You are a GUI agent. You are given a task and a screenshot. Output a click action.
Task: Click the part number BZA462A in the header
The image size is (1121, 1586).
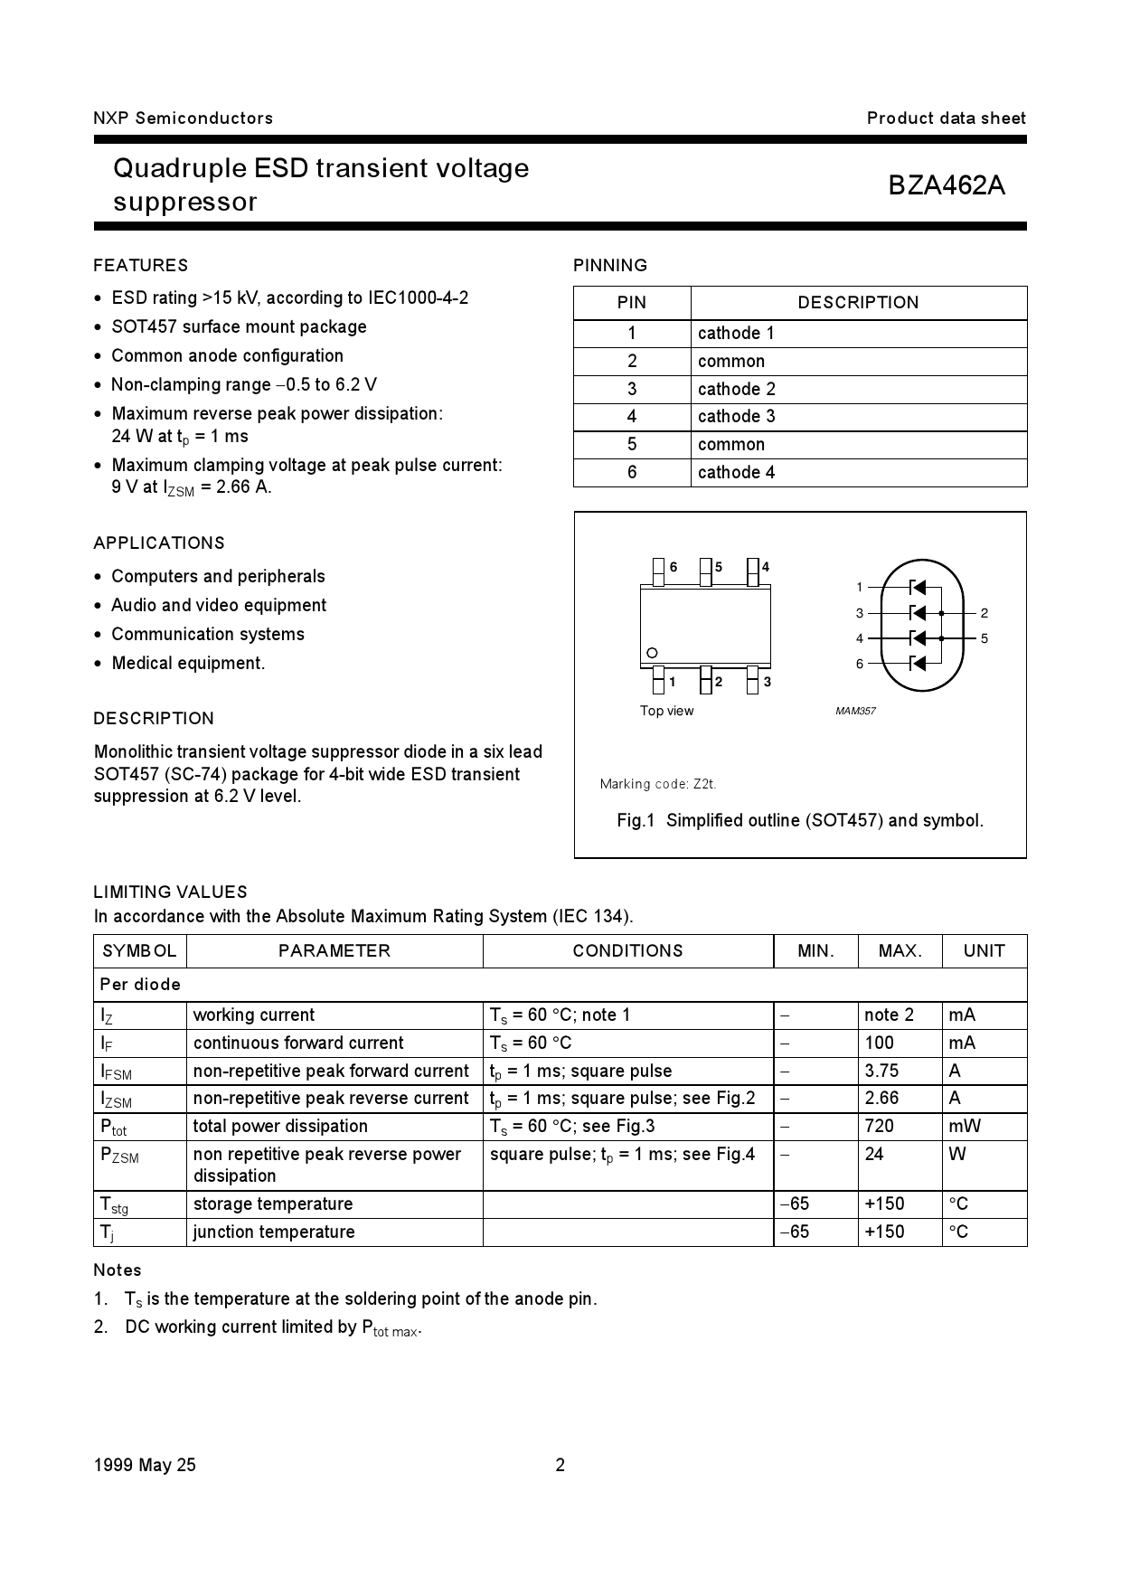946,185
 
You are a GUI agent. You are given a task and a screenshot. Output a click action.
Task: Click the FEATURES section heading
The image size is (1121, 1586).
141,265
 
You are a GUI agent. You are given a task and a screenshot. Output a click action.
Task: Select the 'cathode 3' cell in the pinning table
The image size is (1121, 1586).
736,417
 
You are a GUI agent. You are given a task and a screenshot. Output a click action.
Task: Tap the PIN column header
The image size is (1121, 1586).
631,303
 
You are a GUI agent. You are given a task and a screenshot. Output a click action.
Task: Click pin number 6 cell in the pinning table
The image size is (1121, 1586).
631,472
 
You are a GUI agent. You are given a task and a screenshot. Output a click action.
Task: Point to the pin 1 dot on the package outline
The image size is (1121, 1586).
652,653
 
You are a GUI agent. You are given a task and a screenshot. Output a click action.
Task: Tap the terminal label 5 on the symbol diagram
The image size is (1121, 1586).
984,638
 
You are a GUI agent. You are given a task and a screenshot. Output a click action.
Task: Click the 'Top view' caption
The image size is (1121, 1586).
666,711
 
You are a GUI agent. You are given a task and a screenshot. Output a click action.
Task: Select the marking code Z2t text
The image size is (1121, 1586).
658,784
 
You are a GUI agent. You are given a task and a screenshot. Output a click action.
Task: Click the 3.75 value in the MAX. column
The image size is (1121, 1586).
881,1071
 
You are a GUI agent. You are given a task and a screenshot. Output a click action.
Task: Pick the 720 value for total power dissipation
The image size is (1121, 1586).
879,1126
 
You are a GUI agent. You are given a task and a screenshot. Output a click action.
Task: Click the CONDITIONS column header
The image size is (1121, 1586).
627,951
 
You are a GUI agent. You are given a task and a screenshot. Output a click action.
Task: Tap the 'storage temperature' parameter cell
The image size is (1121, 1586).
273,1204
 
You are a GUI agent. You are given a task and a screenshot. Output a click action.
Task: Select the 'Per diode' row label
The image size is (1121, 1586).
140,985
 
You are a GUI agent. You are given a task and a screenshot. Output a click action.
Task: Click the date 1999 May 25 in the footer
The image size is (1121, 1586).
145,1466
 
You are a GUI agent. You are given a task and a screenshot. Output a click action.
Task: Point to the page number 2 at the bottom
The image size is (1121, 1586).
560,1466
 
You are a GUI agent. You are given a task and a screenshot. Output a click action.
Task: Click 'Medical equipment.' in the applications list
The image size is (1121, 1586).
188,663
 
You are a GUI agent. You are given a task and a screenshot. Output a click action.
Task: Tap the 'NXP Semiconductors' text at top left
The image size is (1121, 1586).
183,118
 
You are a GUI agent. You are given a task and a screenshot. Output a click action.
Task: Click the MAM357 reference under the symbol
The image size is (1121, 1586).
855,712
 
